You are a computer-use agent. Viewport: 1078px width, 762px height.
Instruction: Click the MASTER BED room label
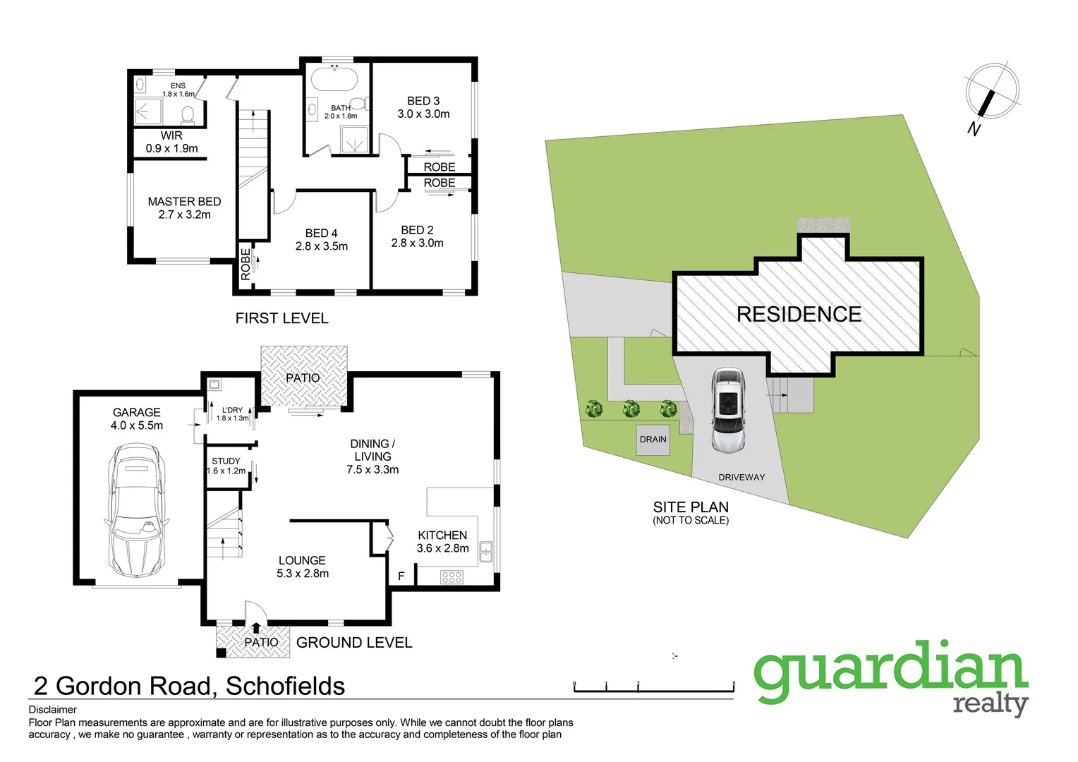click(184, 202)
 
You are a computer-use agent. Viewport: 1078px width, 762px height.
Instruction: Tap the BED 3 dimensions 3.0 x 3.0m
click(423, 114)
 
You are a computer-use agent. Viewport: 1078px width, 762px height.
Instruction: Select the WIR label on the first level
click(171, 135)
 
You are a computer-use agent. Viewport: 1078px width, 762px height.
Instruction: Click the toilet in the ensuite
click(188, 114)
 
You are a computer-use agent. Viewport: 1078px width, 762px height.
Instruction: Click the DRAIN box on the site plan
click(653, 440)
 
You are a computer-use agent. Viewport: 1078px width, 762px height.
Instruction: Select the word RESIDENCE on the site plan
click(799, 315)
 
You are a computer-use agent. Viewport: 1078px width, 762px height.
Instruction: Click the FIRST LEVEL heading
click(281, 319)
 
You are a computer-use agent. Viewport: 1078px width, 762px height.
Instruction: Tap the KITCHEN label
click(442, 536)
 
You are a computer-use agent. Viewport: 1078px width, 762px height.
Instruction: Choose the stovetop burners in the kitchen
click(452, 577)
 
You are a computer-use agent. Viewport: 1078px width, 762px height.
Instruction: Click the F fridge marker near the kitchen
click(401, 576)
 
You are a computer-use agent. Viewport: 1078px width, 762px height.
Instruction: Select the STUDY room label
click(226, 461)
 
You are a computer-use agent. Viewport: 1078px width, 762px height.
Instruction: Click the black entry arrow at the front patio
click(255, 627)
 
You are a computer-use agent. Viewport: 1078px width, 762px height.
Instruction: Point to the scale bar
click(654, 688)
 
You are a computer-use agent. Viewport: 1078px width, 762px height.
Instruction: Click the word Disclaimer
click(52, 710)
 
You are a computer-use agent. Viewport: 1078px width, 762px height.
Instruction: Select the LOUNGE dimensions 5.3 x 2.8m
click(303, 574)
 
